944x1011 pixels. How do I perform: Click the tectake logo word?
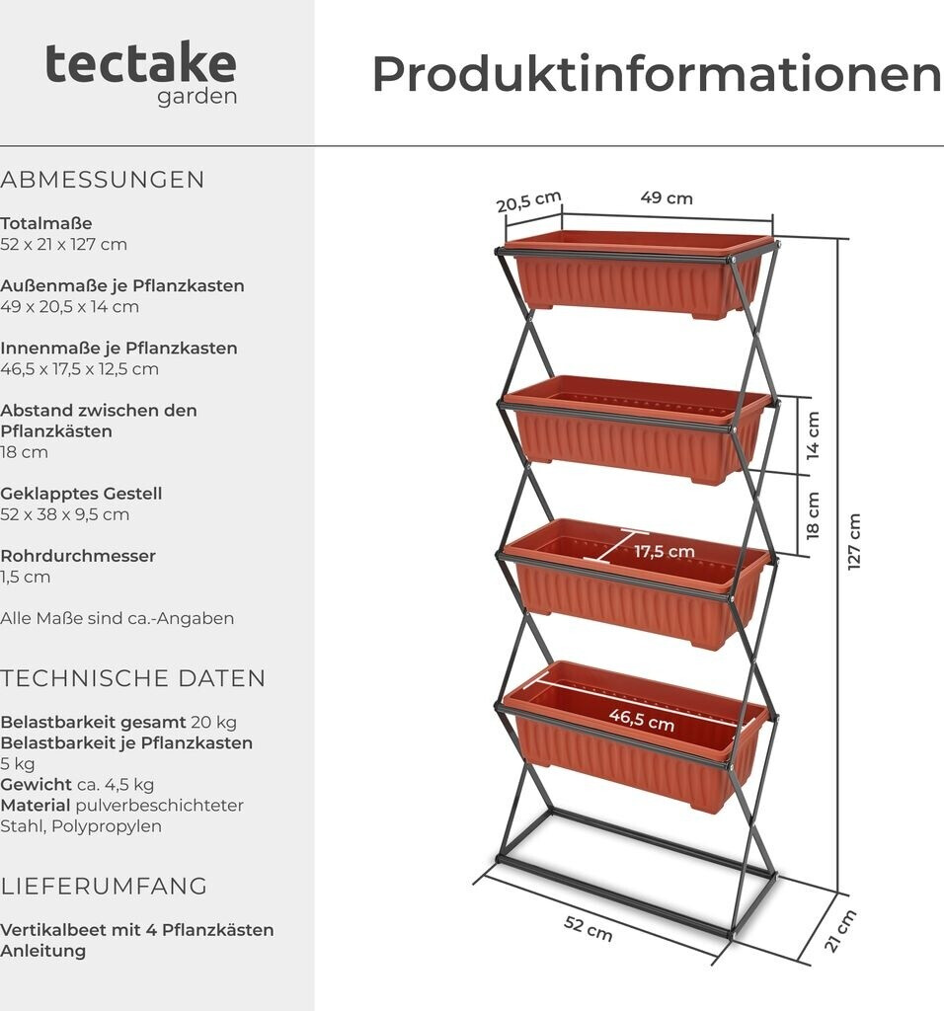pyautogui.click(x=140, y=64)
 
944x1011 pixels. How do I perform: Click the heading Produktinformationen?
pyautogui.click(x=656, y=74)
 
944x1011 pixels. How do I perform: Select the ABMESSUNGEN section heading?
pyautogui.click(x=103, y=180)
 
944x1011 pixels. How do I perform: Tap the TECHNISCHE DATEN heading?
pyautogui.click(x=133, y=678)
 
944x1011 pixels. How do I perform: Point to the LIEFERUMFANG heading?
pyautogui.click(x=104, y=886)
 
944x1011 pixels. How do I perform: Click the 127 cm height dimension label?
pyautogui.click(x=854, y=541)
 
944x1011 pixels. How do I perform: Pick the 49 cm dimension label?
pyautogui.click(x=667, y=197)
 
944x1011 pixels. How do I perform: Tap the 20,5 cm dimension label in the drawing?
pyautogui.click(x=528, y=201)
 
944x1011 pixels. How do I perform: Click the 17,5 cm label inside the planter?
pyautogui.click(x=665, y=551)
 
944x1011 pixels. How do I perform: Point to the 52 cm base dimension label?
pyautogui.click(x=589, y=928)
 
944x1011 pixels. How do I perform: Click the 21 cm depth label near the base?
pyautogui.click(x=839, y=931)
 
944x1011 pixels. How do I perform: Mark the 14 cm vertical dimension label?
pyautogui.click(x=813, y=436)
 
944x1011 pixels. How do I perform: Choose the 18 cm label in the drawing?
pyautogui.click(x=813, y=515)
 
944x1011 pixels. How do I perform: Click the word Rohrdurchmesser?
pyautogui.click(x=78, y=556)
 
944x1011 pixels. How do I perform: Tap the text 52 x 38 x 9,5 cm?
pyautogui.click(x=65, y=514)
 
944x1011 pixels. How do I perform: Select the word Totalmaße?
pyautogui.click(x=46, y=223)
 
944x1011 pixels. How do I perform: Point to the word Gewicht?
pyautogui.click(x=36, y=784)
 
